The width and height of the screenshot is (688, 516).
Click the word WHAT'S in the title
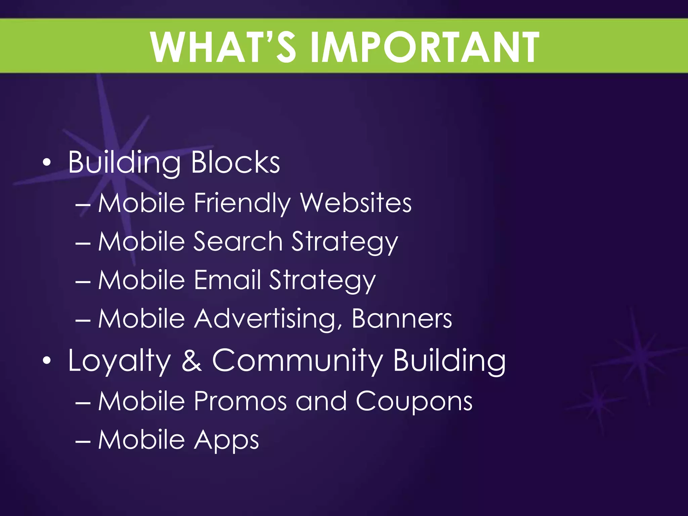pos(223,47)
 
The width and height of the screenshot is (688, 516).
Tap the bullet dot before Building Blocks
pos(47,163)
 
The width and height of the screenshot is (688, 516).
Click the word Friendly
pos(242,204)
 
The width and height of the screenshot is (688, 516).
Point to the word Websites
pos(356,203)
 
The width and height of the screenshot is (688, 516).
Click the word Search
pos(238,242)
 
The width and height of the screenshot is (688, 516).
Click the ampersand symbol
pos(192,360)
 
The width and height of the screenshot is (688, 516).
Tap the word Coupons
pos(414,402)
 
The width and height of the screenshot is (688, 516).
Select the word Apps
pos(226,440)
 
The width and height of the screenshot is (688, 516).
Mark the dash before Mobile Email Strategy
pos(83,281)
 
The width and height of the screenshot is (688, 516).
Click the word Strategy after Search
pos(344,242)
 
